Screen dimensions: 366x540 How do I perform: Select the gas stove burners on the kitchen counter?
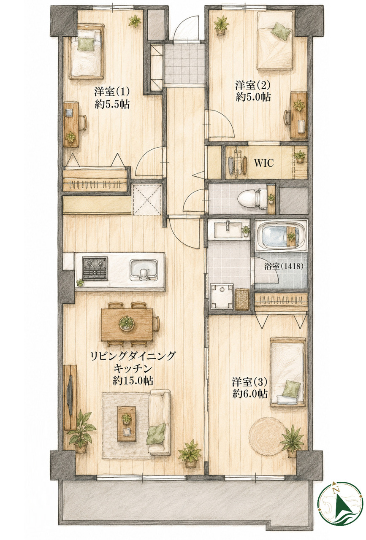pyautogui.click(x=95, y=269)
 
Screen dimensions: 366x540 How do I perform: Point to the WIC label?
pyautogui.click(x=264, y=163)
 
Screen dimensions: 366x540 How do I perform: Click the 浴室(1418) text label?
pyautogui.click(x=284, y=266)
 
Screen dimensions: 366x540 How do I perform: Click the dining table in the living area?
pyautogui.click(x=127, y=324)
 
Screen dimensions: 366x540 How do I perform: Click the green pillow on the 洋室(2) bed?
pyautogui.click(x=281, y=31)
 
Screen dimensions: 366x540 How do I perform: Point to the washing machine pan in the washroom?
pyautogui.click(x=222, y=297)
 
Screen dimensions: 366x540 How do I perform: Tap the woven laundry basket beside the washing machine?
pyautogui.click(x=243, y=299)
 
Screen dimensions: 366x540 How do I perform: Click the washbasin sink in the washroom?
pyautogui.click(x=228, y=229)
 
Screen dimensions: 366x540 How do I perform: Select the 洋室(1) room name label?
pyautogui.click(x=112, y=92)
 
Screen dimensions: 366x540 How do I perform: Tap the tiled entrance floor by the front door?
pyautogui.click(x=184, y=63)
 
